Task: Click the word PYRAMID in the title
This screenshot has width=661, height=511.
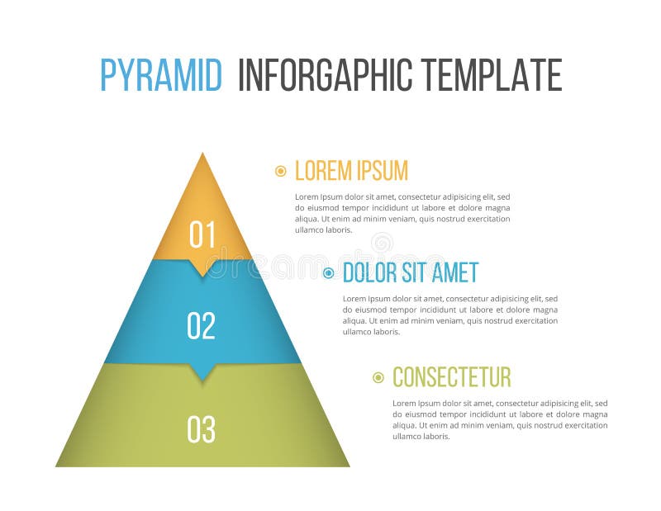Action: point(161,75)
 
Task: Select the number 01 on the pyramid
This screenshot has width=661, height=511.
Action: point(202,234)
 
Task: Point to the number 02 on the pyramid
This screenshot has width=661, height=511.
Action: point(202,325)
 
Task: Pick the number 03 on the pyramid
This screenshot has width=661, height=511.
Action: point(202,428)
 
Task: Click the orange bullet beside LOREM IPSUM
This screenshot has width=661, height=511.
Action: point(281,171)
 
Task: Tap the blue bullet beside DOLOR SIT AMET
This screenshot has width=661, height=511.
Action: point(329,272)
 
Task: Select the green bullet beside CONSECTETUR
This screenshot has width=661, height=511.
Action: point(378,377)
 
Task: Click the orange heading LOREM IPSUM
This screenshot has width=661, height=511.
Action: point(351,171)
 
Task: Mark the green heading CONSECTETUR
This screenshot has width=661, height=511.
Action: point(451,377)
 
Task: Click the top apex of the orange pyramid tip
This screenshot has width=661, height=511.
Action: point(202,154)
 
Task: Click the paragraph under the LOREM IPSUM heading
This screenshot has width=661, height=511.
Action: point(402,213)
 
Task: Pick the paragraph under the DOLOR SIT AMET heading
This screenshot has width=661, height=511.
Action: point(450,315)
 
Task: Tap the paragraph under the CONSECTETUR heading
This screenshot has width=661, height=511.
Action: point(500,419)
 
